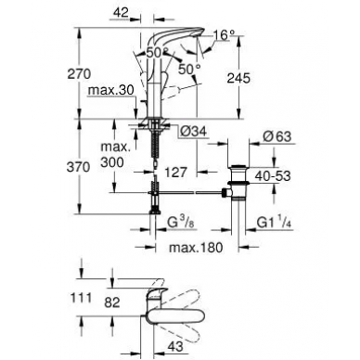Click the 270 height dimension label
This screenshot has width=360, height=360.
point(79,74)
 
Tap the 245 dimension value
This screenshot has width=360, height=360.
point(238,78)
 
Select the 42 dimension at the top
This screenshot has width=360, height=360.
point(121,13)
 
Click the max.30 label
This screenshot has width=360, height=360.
point(111,90)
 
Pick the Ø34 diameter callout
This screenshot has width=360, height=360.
point(193,132)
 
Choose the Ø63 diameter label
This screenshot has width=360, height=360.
point(276,136)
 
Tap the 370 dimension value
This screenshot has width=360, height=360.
point(79,167)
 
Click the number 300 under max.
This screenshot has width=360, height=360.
point(112,161)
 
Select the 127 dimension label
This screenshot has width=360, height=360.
point(176,173)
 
